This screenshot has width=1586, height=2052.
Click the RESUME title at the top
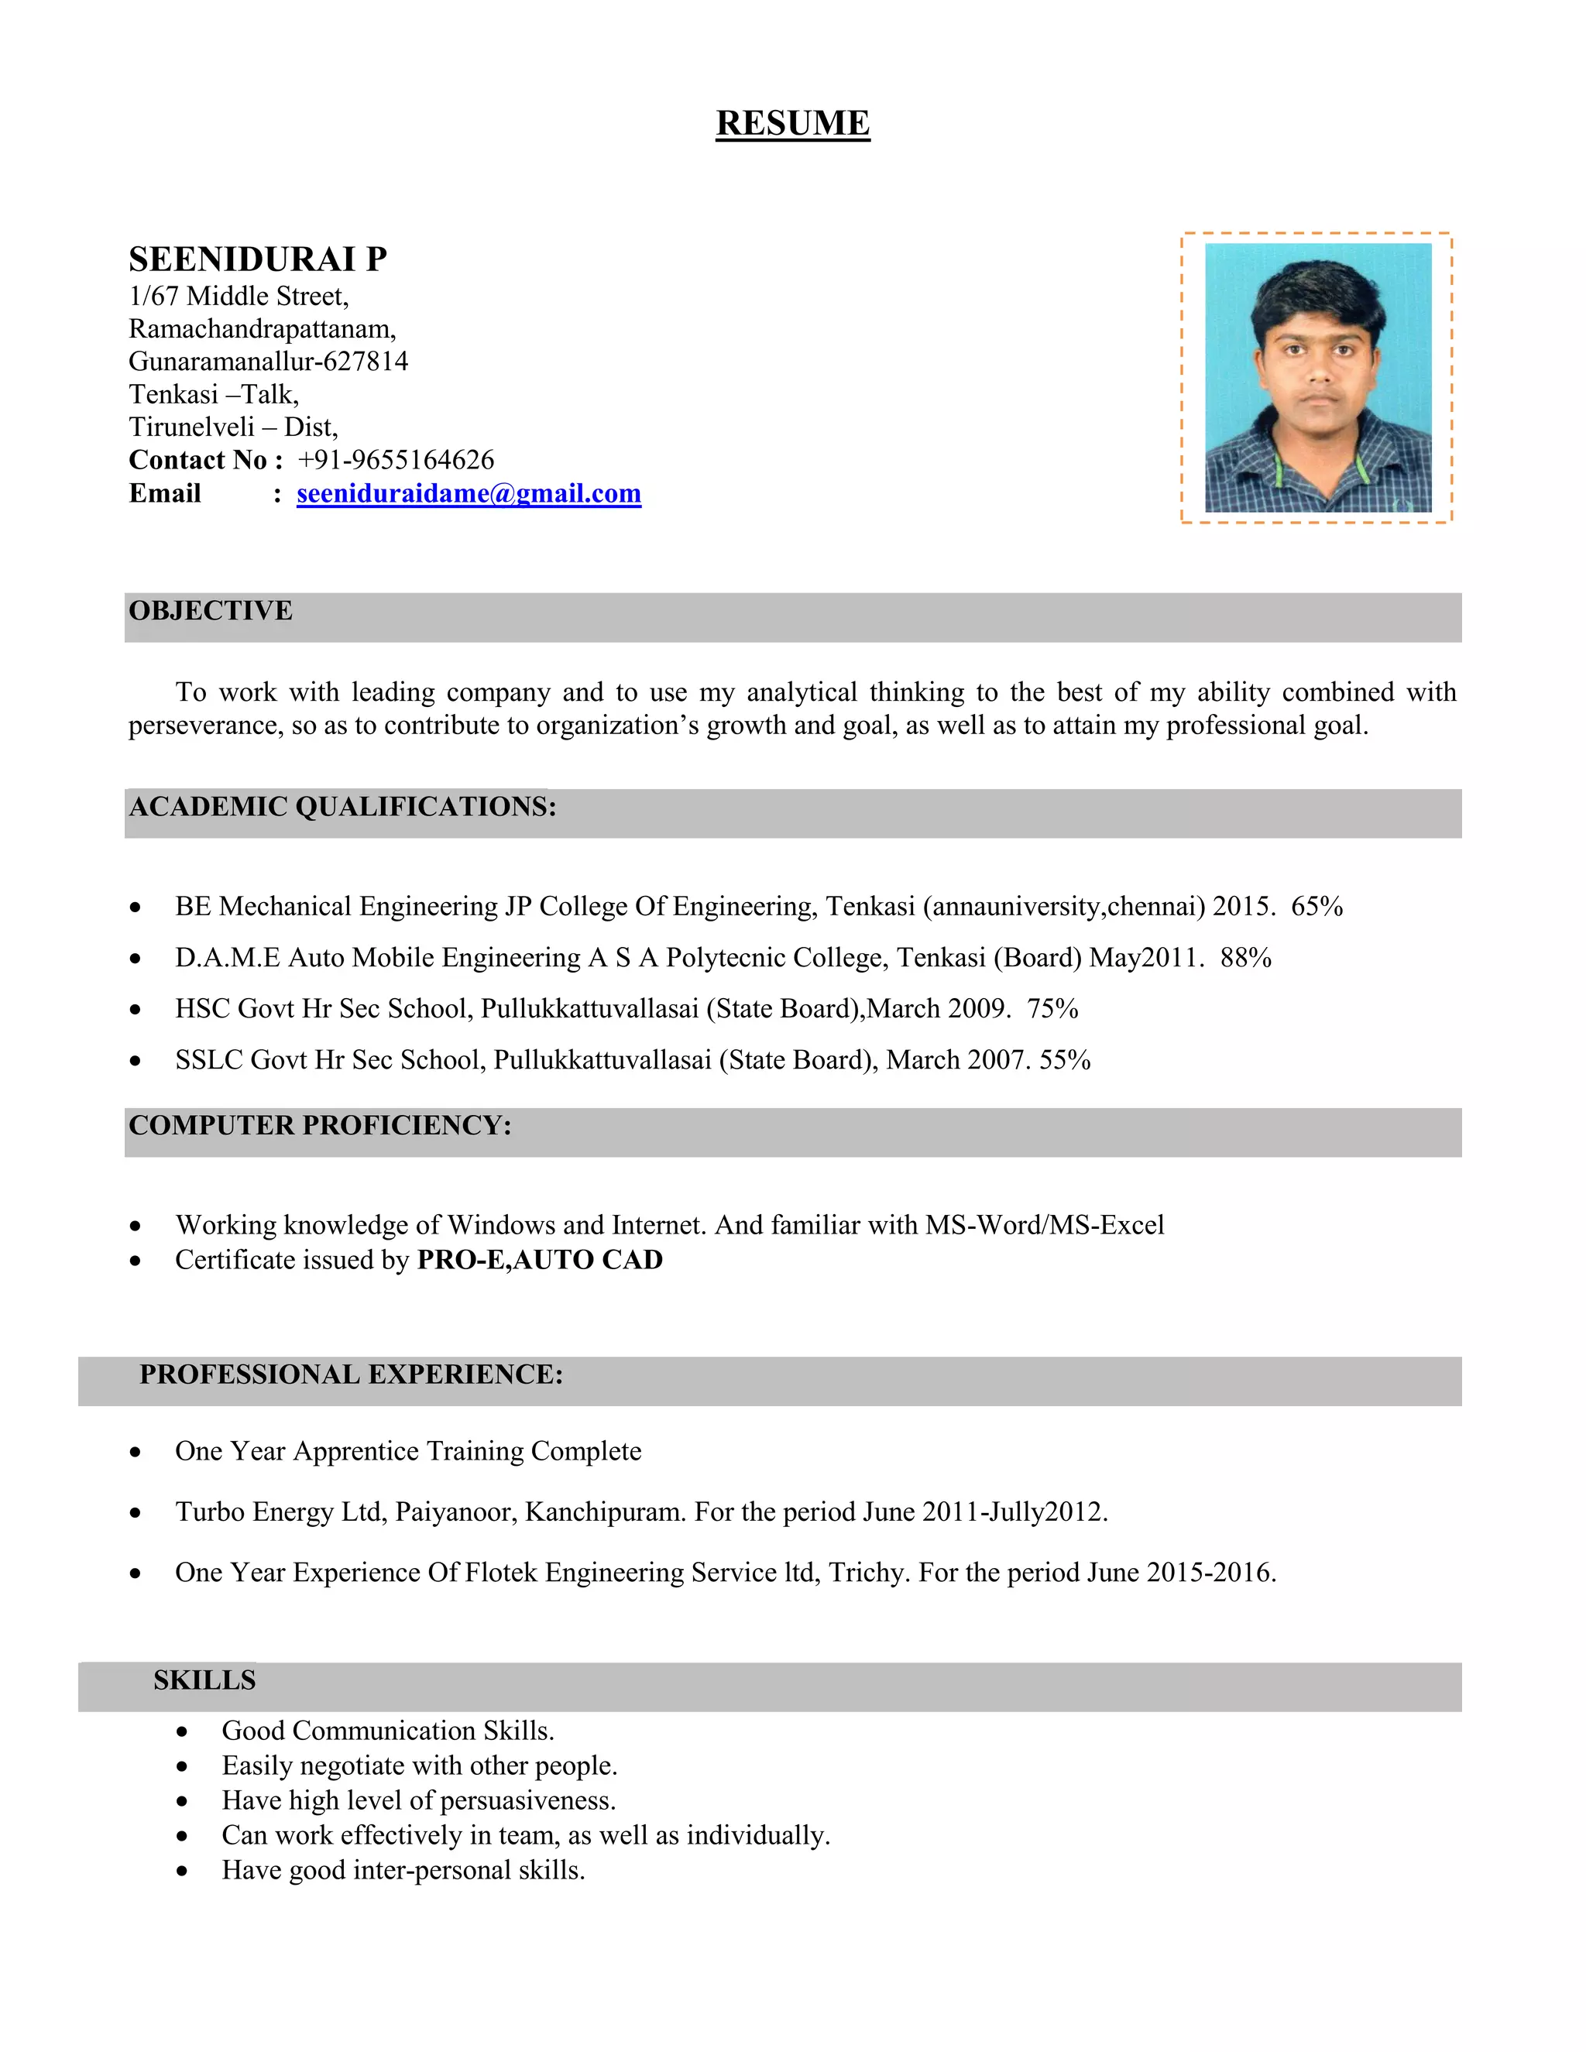pos(792,123)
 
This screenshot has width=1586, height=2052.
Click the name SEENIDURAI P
pos(257,259)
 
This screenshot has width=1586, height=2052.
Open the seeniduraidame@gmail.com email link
pos(469,493)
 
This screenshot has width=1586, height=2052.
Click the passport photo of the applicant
pos(1317,378)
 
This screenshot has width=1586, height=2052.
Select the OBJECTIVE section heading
pos(211,611)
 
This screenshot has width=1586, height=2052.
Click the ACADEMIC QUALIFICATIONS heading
pos(342,806)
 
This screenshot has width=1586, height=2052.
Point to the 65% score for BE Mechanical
pos(1317,906)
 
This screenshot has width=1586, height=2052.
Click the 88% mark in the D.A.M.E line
pos(1246,957)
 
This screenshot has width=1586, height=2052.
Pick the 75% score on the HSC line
pos(1052,1008)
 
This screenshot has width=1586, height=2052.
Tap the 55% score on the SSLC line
pos(1065,1060)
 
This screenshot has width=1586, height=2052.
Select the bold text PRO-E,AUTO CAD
pos(539,1260)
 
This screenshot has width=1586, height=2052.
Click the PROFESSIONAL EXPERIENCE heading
pos(351,1374)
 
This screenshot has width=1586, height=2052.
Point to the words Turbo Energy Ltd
pos(280,1512)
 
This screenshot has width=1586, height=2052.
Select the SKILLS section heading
pos(204,1680)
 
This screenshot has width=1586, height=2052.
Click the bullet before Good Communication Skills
pos(182,1731)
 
